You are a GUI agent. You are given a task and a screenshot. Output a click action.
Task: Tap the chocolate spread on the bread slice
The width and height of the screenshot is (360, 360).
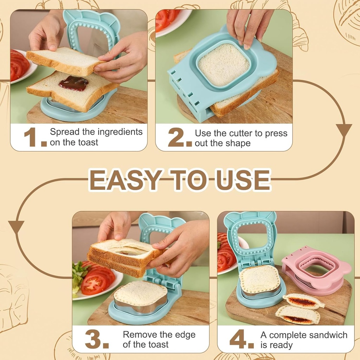(73, 83)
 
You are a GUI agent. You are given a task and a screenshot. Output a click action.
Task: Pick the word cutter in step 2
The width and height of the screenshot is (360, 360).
(242, 134)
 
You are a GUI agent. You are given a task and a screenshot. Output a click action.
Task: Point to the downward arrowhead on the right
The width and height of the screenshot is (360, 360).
(343, 130)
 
